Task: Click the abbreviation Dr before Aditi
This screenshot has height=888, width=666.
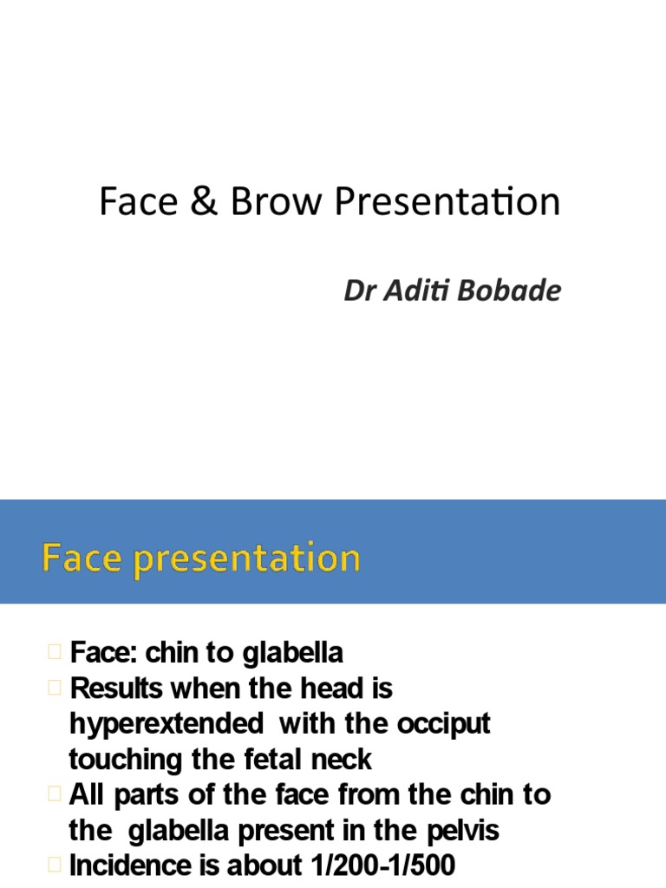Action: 358,291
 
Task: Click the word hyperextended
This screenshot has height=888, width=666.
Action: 166,725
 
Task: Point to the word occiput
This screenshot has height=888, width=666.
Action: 442,725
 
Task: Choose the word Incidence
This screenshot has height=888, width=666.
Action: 131,866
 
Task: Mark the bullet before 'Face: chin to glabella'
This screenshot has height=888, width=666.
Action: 55,652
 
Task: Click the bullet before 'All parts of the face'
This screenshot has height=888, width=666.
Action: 55,794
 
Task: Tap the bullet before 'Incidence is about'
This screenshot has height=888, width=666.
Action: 55,865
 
